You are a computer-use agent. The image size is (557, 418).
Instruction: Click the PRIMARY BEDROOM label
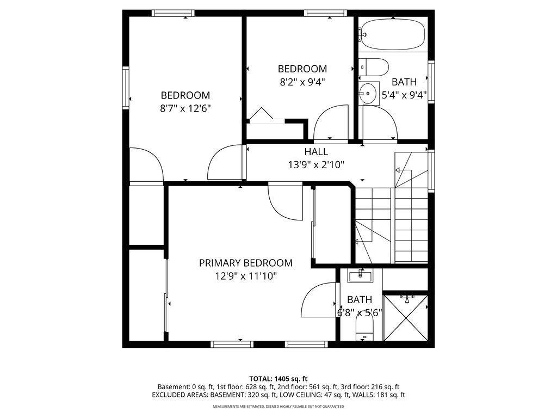pyautogui.click(x=245, y=263)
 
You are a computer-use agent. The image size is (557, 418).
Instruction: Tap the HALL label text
pyautogui.click(x=316, y=152)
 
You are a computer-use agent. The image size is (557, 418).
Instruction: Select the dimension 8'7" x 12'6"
pyautogui.click(x=185, y=108)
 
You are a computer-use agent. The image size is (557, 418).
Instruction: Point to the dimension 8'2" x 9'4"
pyautogui.click(x=302, y=82)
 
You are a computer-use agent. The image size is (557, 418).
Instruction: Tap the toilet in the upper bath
pyautogui.click(x=375, y=67)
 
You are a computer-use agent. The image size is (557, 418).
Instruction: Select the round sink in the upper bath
pyautogui.click(x=369, y=93)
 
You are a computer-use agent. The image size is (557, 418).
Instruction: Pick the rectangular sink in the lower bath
pyautogui.click(x=361, y=276)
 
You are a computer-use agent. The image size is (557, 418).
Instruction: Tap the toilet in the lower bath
pyautogui.click(x=364, y=328)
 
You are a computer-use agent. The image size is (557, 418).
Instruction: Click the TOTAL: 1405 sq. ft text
pyautogui.click(x=278, y=379)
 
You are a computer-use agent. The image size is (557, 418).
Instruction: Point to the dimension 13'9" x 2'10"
pyautogui.click(x=316, y=165)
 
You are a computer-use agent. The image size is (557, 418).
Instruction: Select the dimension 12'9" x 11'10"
pyautogui.click(x=245, y=276)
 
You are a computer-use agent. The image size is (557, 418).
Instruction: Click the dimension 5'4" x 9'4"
pyautogui.click(x=404, y=95)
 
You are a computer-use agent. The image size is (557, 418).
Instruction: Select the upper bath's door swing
pyautogui.click(x=380, y=122)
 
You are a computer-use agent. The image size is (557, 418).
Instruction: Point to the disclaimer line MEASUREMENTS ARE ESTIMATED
pyautogui.click(x=278, y=407)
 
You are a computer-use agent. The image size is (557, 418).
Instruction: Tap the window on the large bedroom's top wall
pyautogui.click(x=173, y=13)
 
